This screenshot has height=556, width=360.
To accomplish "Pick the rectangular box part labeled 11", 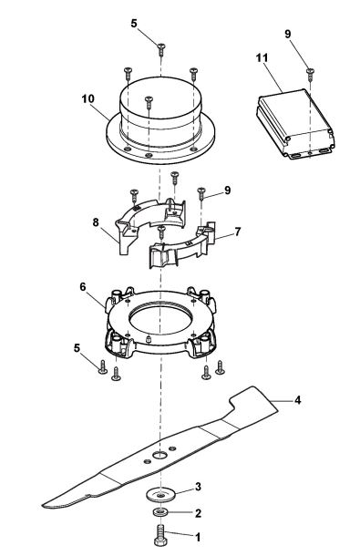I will coord(293,118).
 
